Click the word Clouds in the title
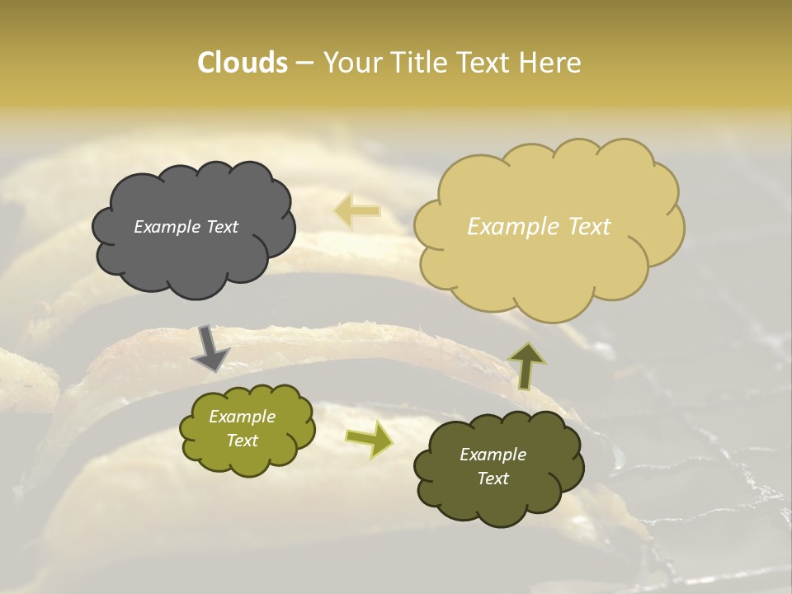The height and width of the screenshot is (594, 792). pyautogui.click(x=242, y=63)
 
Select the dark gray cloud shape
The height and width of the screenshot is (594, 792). pyautogui.click(x=193, y=247)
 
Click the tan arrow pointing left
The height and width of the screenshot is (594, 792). pyautogui.click(x=357, y=211)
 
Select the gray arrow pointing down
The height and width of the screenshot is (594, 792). pyautogui.click(x=210, y=348)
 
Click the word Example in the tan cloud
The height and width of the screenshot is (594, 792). pyautogui.click(x=507, y=227)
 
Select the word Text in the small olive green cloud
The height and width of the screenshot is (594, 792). pyautogui.click(x=243, y=441)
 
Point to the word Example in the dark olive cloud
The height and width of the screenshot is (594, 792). pyautogui.click(x=493, y=455)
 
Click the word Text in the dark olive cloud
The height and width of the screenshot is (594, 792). pyautogui.click(x=493, y=478)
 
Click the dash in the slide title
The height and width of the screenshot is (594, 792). pyautogui.click(x=304, y=64)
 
